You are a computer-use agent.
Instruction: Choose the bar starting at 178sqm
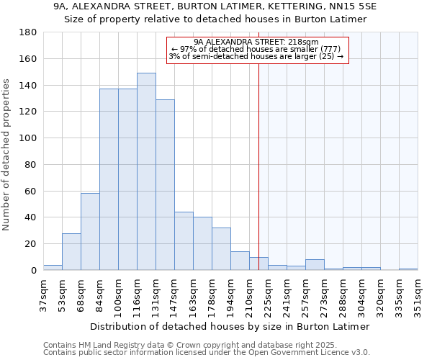(x=221, y=248)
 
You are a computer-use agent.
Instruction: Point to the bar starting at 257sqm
(x=315, y=264)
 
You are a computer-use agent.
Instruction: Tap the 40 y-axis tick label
(x=31, y=217)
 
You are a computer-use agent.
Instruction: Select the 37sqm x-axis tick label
(x=43, y=293)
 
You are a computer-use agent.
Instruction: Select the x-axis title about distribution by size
(x=230, y=326)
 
